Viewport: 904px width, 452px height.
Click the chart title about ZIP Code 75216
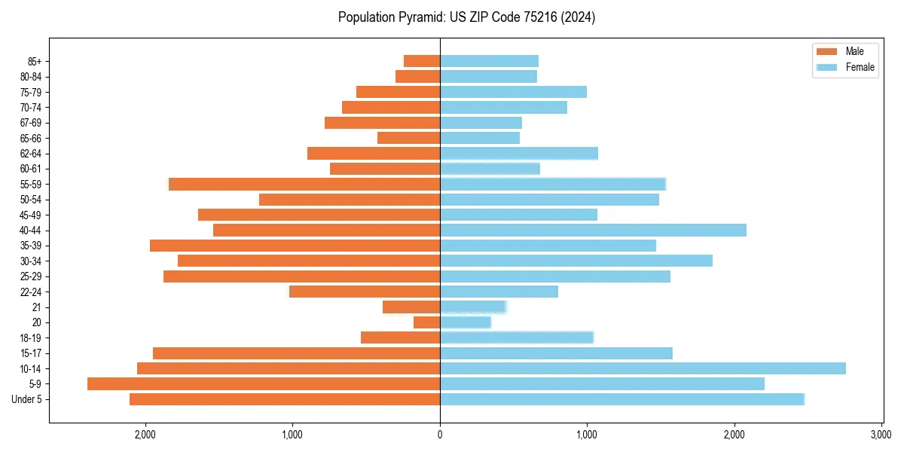click(466, 17)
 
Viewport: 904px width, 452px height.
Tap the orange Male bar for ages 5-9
click(264, 384)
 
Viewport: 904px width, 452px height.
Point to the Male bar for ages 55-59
click(304, 184)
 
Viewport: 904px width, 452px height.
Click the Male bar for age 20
click(426, 322)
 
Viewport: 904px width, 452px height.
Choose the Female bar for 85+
click(489, 61)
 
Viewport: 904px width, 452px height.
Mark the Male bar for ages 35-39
click(295, 246)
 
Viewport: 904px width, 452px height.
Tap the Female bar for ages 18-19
click(516, 337)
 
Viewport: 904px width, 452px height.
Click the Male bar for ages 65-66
click(408, 138)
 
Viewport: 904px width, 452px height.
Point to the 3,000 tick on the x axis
click(881, 435)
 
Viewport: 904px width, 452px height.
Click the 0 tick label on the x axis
click(440, 435)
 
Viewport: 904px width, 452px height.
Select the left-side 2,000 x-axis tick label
click(145, 435)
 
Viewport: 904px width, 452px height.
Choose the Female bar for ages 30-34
click(576, 261)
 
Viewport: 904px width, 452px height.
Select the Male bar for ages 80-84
click(417, 76)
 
